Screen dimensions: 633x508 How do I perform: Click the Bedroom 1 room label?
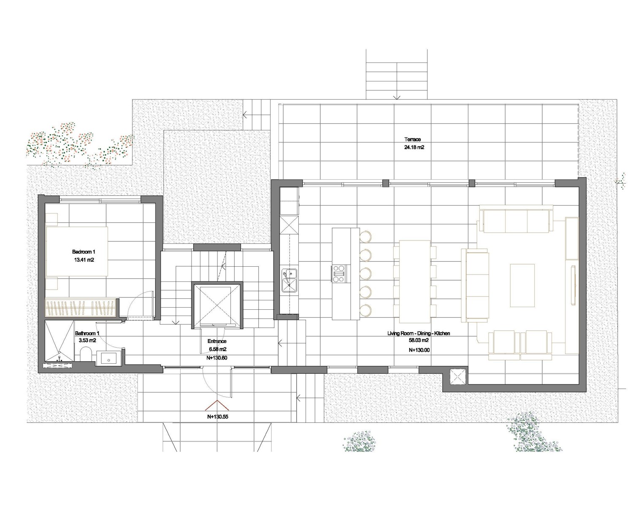pyautogui.click(x=84, y=252)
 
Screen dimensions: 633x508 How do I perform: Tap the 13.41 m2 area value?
pyautogui.click(x=84, y=260)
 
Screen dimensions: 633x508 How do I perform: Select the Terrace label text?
pyautogui.click(x=412, y=139)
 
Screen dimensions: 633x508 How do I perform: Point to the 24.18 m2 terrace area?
pyautogui.click(x=414, y=147)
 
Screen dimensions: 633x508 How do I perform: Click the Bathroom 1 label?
pyautogui.click(x=87, y=333)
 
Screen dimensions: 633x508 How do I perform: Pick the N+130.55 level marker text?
pyautogui.click(x=218, y=416)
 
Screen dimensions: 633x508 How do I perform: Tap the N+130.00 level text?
pyautogui.click(x=419, y=350)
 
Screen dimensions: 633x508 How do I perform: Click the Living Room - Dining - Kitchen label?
pyautogui.click(x=419, y=333)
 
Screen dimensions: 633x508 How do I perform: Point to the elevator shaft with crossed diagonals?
pyautogui.click(x=217, y=305)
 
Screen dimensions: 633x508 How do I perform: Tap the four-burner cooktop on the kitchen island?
pyautogui.click(x=339, y=273)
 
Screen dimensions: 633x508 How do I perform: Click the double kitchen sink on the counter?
pyautogui.click(x=289, y=281)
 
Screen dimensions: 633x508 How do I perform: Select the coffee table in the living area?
pyautogui.click(x=522, y=285)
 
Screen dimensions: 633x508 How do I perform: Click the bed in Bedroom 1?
pyautogui.click(x=77, y=251)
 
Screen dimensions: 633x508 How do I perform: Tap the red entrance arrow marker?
pyautogui.click(x=217, y=405)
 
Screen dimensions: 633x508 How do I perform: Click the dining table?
pyautogui.click(x=415, y=281)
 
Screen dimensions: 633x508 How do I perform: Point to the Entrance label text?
pyautogui.click(x=217, y=341)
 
